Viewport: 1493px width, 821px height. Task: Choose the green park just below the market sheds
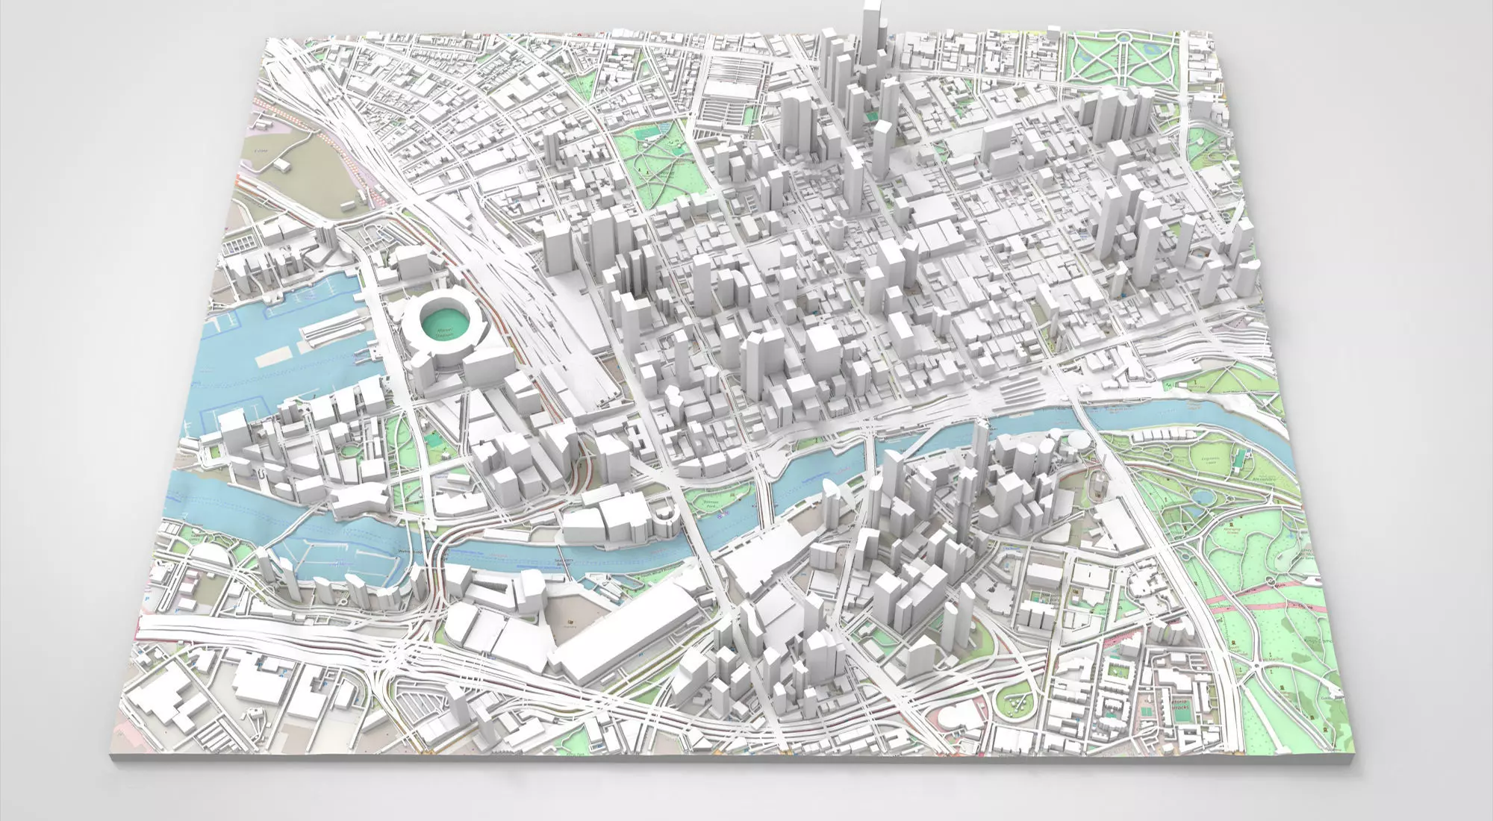(657, 157)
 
